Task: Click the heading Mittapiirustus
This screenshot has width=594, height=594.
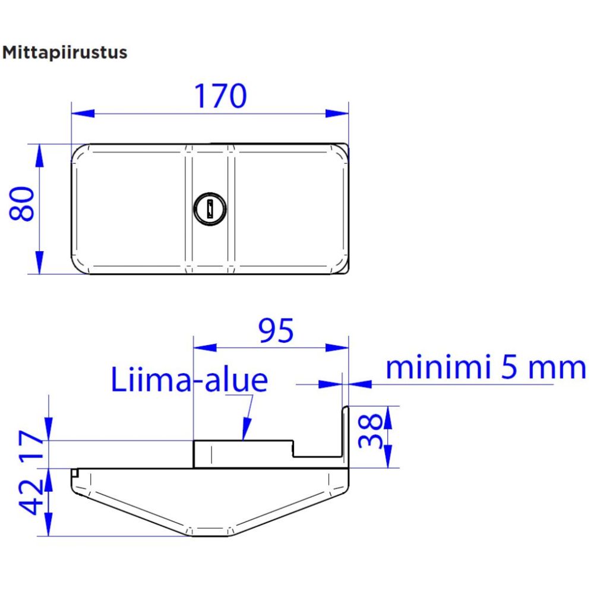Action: pos(65,52)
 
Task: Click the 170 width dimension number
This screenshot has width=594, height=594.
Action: pos(220,96)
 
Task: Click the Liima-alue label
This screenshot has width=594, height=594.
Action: pos(189,380)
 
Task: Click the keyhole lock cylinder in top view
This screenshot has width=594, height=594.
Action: pos(210,208)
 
